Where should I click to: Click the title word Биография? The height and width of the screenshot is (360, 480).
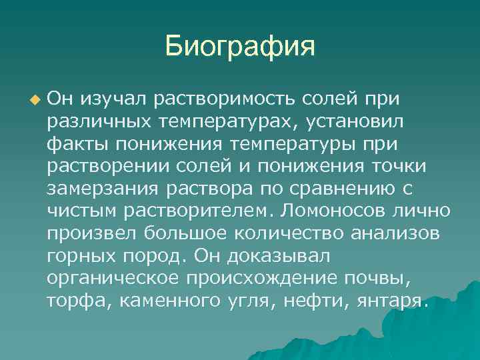tap(239, 47)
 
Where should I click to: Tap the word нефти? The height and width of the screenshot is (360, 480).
tap(311, 301)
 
